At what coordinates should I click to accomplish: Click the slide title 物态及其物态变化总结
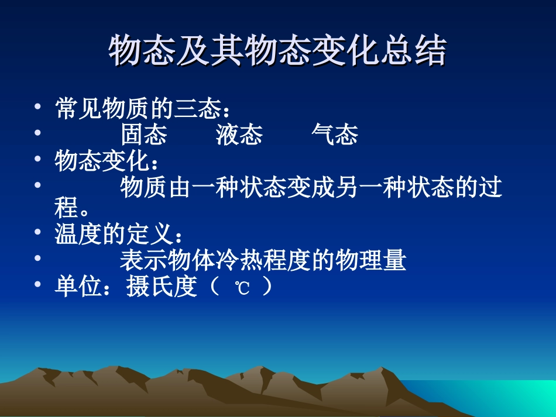[277, 51]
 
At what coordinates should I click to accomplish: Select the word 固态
[144, 135]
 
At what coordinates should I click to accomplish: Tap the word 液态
[239, 135]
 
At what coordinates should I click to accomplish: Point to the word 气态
[334, 135]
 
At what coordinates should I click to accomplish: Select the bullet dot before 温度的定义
[37, 233]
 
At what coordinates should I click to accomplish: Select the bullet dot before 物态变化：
[37, 159]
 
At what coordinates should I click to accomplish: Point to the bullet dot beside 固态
[37, 133]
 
